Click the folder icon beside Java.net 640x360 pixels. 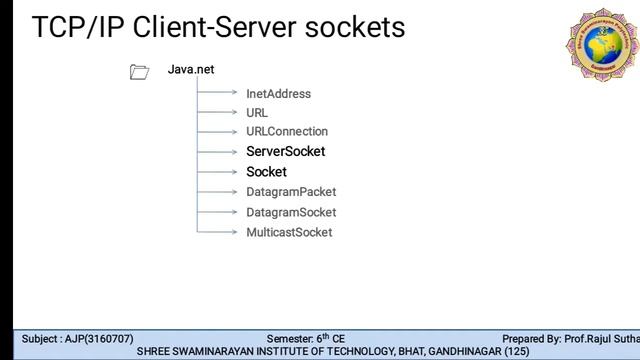click(139, 71)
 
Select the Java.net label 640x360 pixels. click(190, 70)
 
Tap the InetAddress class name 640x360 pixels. click(278, 94)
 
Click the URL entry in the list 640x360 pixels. click(257, 113)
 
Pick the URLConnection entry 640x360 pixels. click(287, 131)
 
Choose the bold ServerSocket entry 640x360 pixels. click(285, 152)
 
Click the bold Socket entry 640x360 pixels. click(266, 172)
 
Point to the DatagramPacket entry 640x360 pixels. click(291, 191)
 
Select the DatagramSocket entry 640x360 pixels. click(291, 212)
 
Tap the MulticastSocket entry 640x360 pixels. click(289, 232)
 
